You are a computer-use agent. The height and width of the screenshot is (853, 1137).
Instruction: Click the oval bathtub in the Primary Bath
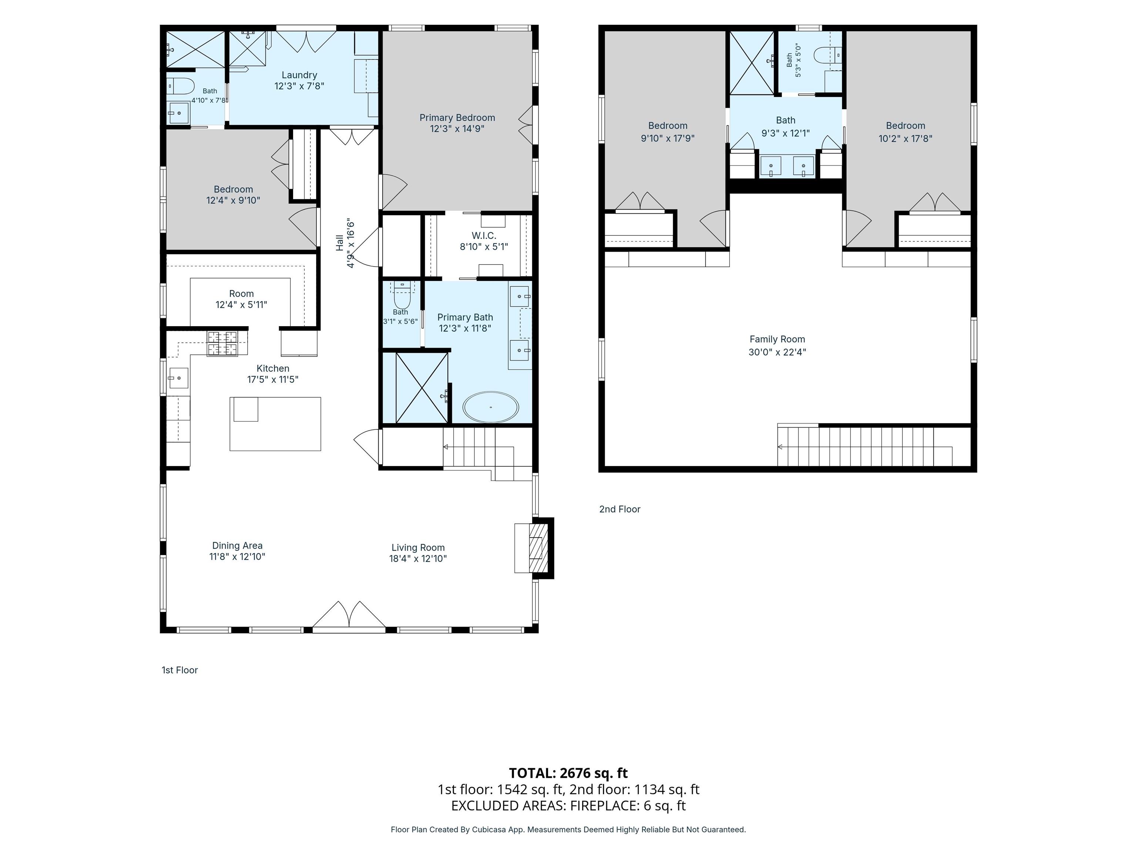[x=490, y=407]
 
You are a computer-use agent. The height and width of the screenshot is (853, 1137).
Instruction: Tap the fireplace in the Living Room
[x=534, y=548]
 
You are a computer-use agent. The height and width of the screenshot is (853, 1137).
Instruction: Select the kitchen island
[x=275, y=424]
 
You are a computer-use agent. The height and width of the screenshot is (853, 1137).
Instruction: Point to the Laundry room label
[x=299, y=75]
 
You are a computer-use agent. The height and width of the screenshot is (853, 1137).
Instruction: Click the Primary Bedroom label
[x=457, y=118]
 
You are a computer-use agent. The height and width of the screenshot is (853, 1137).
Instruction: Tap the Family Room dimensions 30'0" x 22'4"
[x=777, y=352]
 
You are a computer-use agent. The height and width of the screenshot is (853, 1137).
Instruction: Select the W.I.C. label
[x=484, y=235]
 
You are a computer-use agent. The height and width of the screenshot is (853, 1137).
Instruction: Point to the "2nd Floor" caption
[x=619, y=509]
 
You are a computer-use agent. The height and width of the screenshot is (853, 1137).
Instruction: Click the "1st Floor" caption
[x=180, y=670]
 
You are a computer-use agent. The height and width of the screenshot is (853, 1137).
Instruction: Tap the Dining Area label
[x=237, y=546]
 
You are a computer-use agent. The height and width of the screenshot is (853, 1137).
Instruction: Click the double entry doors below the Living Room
[x=349, y=615]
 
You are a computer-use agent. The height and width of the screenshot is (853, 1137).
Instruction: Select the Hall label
[x=339, y=243]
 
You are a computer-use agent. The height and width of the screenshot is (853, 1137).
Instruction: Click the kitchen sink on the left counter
[x=178, y=378]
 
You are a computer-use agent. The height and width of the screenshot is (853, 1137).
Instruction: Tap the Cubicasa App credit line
[x=568, y=829]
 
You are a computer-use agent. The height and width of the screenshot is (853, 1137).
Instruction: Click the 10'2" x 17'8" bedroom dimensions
[x=905, y=138]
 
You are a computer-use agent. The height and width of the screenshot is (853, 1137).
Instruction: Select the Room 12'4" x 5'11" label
[x=241, y=299]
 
